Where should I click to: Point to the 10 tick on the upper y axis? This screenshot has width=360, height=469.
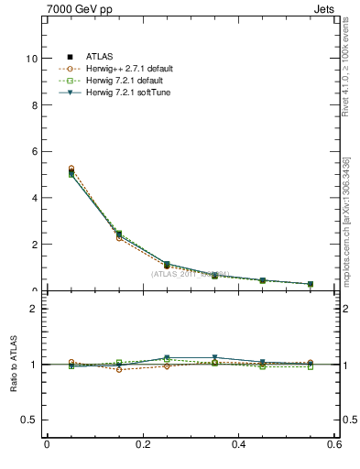[x=33, y=58]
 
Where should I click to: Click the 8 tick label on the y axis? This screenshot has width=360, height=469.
[x=36, y=104]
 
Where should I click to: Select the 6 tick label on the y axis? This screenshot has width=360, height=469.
[x=36, y=151]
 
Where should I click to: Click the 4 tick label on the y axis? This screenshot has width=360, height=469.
[x=36, y=198]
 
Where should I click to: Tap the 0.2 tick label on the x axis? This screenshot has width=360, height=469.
[x=142, y=445]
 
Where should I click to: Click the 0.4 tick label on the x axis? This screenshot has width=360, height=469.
[x=239, y=445]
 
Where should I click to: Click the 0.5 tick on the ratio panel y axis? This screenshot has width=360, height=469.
[x=32, y=420]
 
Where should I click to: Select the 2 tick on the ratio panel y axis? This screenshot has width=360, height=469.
[x=36, y=309]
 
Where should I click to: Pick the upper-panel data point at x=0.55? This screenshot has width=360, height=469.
[x=311, y=284]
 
